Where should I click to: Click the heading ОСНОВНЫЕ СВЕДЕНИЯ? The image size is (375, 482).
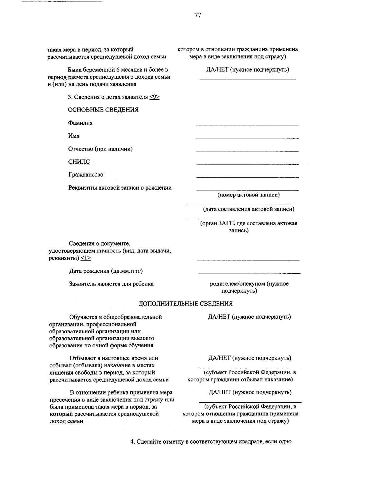point(103,110)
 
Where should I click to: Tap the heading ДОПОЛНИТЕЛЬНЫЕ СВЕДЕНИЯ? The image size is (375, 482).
point(186,304)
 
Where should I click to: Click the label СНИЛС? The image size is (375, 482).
point(79,162)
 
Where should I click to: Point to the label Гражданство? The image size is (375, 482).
point(86,175)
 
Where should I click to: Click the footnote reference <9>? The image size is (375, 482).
point(154,97)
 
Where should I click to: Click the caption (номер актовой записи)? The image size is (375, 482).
point(248,195)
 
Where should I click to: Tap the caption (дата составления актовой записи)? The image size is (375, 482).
point(248,209)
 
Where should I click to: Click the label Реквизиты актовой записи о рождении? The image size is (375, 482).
point(120,188)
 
